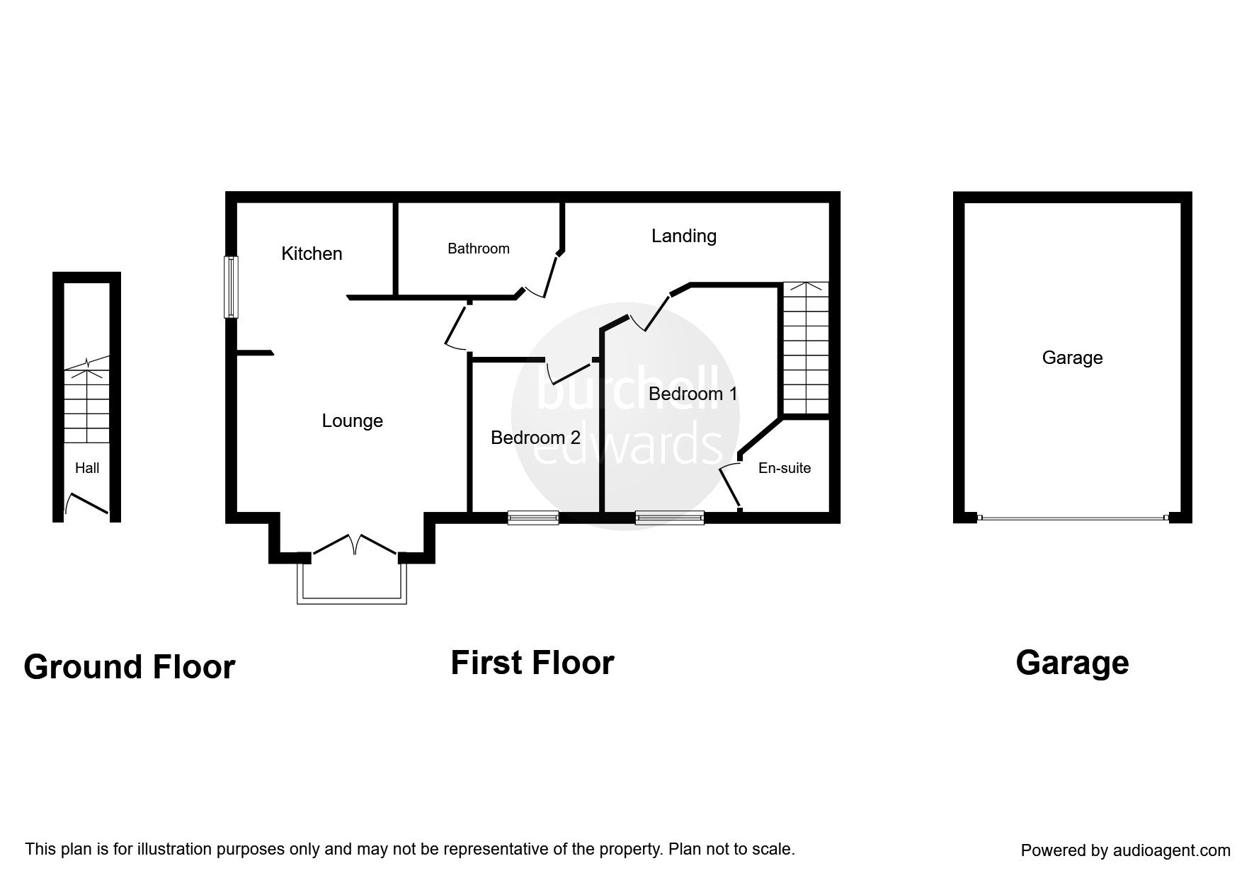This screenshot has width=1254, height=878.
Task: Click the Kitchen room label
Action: [x=312, y=253]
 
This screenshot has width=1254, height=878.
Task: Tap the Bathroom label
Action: [x=478, y=249]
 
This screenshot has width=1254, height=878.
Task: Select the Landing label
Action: [x=683, y=236]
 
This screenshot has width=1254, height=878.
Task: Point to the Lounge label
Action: [x=352, y=421]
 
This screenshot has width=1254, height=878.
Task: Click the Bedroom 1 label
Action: [x=692, y=394]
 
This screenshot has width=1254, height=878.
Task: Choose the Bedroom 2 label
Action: [x=535, y=438]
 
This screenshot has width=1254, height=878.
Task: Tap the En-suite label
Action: [x=784, y=468]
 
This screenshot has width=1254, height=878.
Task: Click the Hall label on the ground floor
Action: [x=87, y=468]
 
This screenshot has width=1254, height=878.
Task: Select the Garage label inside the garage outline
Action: [x=1072, y=358]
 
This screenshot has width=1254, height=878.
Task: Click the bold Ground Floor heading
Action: [x=129, y=667]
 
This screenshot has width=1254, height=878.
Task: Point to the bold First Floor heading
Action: [x=532, y=663]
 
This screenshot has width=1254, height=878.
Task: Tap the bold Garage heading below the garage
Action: [x=1072, y=663]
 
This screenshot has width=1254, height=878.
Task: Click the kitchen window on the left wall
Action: [x=231, y=287]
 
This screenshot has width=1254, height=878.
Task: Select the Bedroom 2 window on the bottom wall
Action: [x=533, y=518]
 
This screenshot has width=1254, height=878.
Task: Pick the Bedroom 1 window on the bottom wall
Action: [x=669, y=518]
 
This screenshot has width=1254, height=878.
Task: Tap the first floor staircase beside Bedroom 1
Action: [x=804, y=348]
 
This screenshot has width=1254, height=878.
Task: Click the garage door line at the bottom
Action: [x=1072, y=518]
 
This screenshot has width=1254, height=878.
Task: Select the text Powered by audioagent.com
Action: [x=1125, y=850]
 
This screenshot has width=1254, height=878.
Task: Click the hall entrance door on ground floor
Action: [x=87, y=504]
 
